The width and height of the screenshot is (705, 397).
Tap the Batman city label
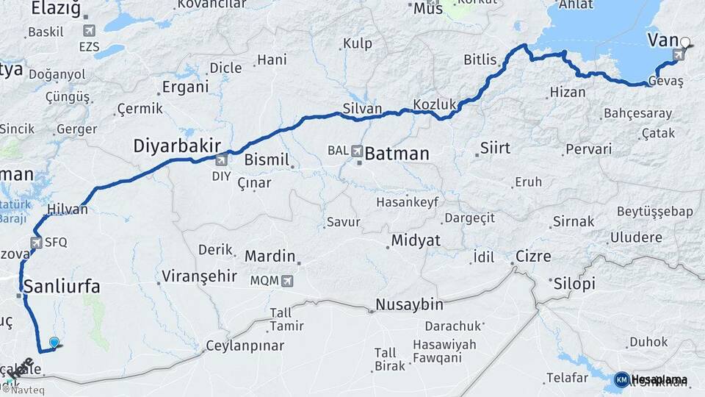tap(397, 154)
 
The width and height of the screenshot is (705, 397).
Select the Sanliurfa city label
tap(62, 286)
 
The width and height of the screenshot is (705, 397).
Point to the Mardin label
tap(270, 257)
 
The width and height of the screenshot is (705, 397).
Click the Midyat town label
tap(416, 240)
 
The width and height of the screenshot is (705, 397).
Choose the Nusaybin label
tap(410, 304)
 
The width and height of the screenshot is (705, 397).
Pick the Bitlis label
tap(481, 60)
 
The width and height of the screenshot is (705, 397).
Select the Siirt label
tap(494, 148)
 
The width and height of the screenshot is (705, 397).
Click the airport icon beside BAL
tap(358, 151)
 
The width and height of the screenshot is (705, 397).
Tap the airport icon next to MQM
tap(287, 280)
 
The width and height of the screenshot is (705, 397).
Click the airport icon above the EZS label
tap(90, 31)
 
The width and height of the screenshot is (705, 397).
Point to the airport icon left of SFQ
tap(36, 241)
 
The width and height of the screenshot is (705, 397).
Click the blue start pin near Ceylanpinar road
tap(54, 342)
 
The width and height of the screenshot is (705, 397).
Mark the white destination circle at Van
tap(685, 43)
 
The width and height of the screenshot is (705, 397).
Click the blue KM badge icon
tap(621, 379)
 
